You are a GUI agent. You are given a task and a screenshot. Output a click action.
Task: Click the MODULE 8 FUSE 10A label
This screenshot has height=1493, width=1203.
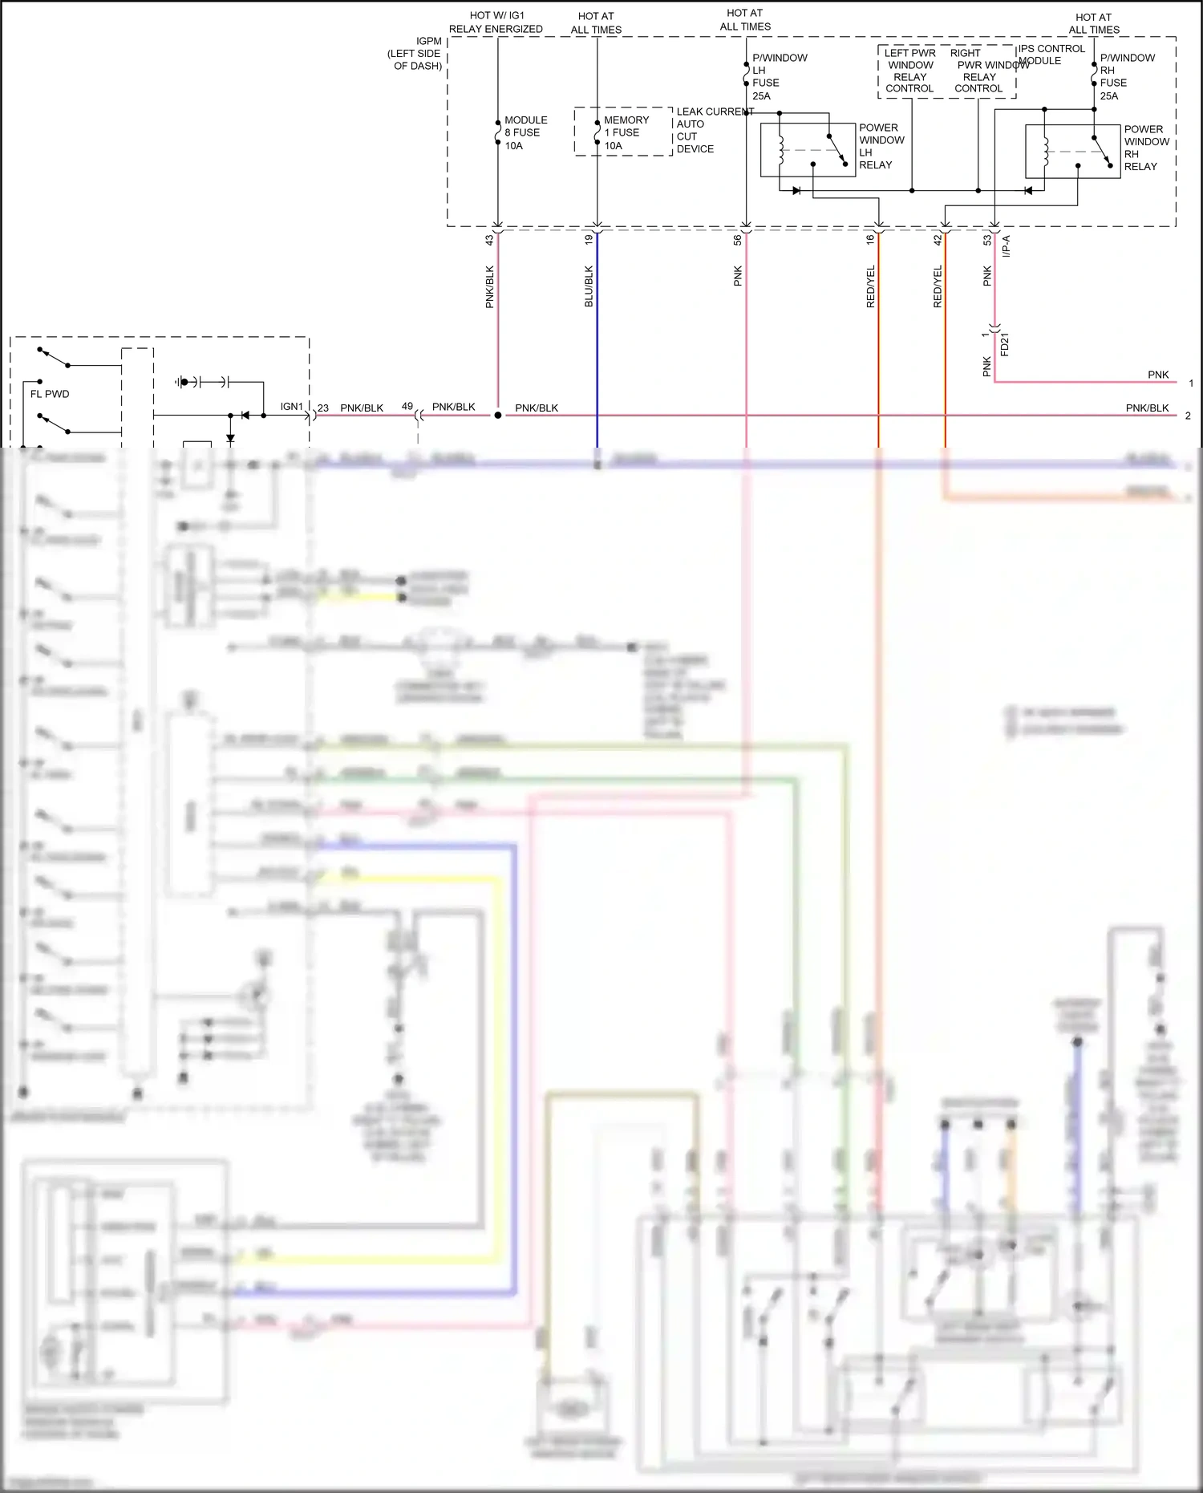pyautogui.click(x=525, y=133)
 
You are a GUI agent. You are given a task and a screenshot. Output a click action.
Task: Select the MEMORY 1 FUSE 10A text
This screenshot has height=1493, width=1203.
pyautogui.click(x=626, y=133)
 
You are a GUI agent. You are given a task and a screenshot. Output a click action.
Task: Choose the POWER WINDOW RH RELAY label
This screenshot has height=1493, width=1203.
pyautogui.click(x=1145, y=148)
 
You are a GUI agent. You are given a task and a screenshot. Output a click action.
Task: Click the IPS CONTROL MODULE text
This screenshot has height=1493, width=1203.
pyautogui.click(x=1051, y=55)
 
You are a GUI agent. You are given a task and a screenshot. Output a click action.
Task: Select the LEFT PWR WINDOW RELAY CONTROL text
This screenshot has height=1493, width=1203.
pyautogui.click(x=909, y=71)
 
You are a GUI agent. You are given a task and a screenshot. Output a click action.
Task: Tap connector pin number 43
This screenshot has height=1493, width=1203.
pyautogui.click(x=489, y=239)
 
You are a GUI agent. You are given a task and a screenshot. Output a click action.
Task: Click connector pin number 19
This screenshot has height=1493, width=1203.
pyautogui.click(x=589, y=239)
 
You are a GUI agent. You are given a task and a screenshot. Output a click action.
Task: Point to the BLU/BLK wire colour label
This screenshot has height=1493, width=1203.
pyautogui.click(x=589, y=286)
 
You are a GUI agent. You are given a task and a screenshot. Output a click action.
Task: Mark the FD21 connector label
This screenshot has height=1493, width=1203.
pyautogui.click(x=1004, y=344)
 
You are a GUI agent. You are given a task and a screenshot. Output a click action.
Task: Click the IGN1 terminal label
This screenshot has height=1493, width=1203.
pyautogui.click(x=291, y=407)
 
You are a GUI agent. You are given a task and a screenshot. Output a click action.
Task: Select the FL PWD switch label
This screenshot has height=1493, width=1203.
pyautogui.click(x=50, y=394)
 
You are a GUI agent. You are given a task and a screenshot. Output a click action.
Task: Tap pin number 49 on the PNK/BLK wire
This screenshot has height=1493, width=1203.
pyautogui.click(x=407, y=407)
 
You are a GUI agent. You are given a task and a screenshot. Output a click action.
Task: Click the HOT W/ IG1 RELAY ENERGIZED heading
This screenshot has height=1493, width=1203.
pyautogui.click(x=496, y=22)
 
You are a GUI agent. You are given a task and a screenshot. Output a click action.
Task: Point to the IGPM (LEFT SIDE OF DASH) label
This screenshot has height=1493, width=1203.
pyautogui.click(x=415, y=54)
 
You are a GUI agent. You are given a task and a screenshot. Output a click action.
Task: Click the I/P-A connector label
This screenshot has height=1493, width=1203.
pyautogui.click(x=1006, y=245)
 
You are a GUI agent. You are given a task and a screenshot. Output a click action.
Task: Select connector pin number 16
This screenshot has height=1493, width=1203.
pyautogui.click(x=870, y=239)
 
